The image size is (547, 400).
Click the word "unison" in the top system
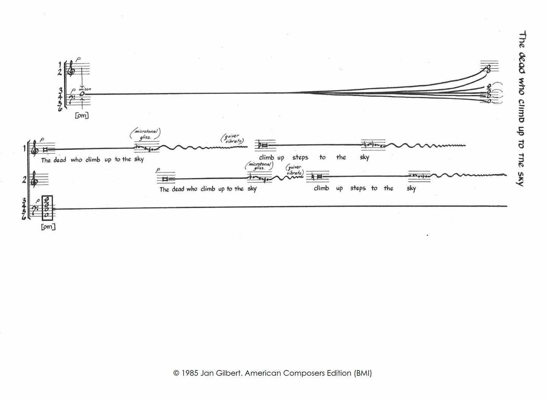85,89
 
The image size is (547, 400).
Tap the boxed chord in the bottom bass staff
47,208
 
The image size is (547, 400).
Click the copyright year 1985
190,373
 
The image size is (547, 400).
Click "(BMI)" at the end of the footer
363,373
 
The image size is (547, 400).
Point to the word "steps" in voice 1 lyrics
300,157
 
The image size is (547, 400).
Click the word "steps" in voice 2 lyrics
358,188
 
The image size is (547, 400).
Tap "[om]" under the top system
82,115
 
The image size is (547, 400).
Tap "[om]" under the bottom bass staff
48,227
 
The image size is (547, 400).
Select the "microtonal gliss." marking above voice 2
259,166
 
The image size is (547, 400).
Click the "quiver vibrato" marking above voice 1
232,139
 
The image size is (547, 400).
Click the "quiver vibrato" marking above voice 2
295,170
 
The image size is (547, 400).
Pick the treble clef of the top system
71,69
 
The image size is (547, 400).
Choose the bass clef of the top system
71,100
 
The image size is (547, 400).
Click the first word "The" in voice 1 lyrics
46,160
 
